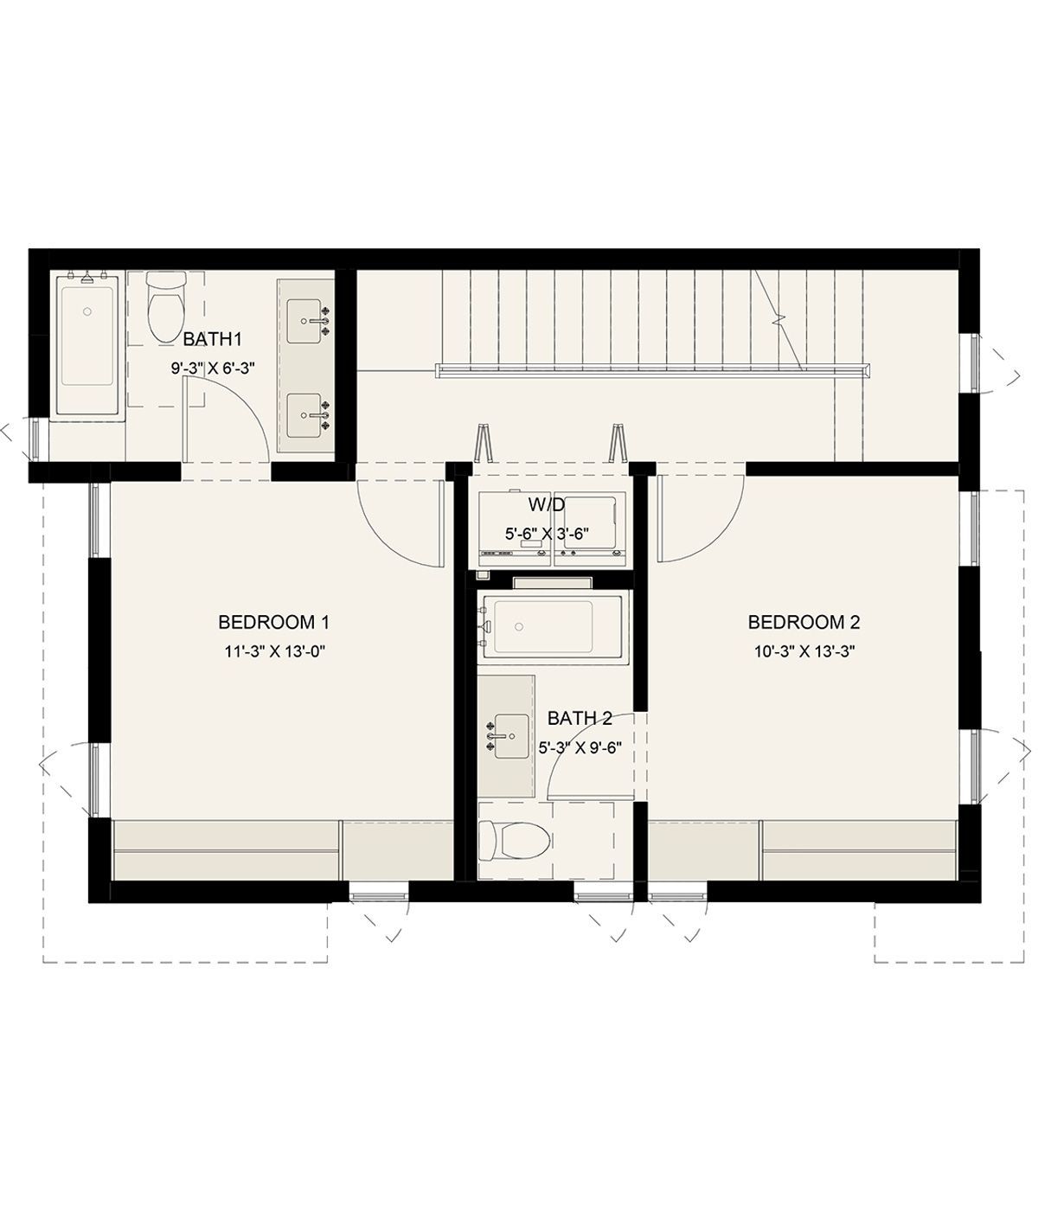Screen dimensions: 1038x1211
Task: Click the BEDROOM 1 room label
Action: (273, 622)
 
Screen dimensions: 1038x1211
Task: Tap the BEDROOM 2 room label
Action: (804, 622)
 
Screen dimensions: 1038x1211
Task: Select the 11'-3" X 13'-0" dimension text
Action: (274, 650)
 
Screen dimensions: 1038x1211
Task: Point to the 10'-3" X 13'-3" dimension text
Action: (805, 650)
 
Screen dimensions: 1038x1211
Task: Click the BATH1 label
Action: (212, 338)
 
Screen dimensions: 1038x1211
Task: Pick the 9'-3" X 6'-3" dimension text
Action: (213, 368)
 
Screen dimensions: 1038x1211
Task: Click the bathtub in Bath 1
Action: (88, 346)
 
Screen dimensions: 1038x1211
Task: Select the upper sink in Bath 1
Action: (304, 321)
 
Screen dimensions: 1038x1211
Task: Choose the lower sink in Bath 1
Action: (304, 415)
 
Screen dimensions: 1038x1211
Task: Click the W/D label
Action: (547, 503)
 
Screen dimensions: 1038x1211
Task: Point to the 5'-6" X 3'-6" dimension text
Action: (547, 534)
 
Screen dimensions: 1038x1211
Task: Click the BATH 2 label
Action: (580, 718)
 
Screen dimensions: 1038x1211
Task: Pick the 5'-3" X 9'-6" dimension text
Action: (580, 747)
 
